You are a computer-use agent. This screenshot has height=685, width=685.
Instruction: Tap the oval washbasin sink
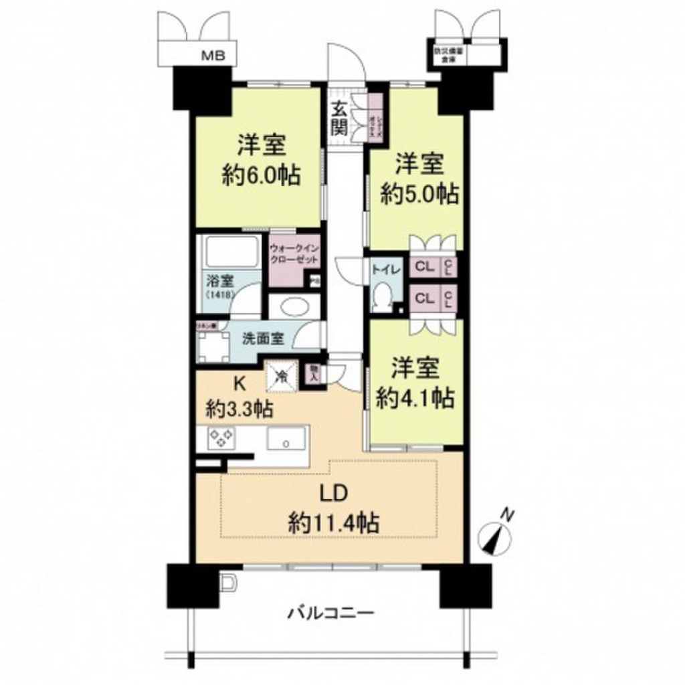click(293, 307)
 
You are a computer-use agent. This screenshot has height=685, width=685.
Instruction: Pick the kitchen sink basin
click(286, 439)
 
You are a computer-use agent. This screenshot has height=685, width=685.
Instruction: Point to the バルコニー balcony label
click(331, 612)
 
